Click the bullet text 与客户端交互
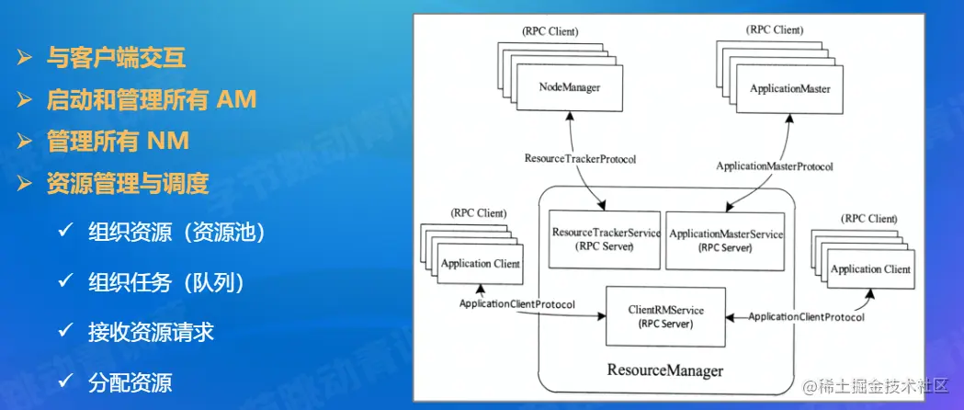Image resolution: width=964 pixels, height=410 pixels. click(117, 59)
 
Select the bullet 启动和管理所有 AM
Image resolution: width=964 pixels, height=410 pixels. click(152, 99)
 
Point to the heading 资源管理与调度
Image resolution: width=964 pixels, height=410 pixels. click(128, 184)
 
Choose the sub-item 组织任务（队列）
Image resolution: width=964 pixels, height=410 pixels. click(166, 282)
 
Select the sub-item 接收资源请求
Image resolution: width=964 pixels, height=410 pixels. click(151, 332)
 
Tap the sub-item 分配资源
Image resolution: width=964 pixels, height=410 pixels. click(130, 382)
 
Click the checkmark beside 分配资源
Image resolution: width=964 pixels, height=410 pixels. click(65, 380)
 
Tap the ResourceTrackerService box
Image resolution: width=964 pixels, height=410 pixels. click(605, 239)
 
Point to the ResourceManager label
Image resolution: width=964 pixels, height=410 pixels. click(664, 370)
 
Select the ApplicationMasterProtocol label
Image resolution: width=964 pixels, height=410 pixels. click(774, 166)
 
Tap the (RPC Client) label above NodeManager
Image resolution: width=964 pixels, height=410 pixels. click(550, 30)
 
